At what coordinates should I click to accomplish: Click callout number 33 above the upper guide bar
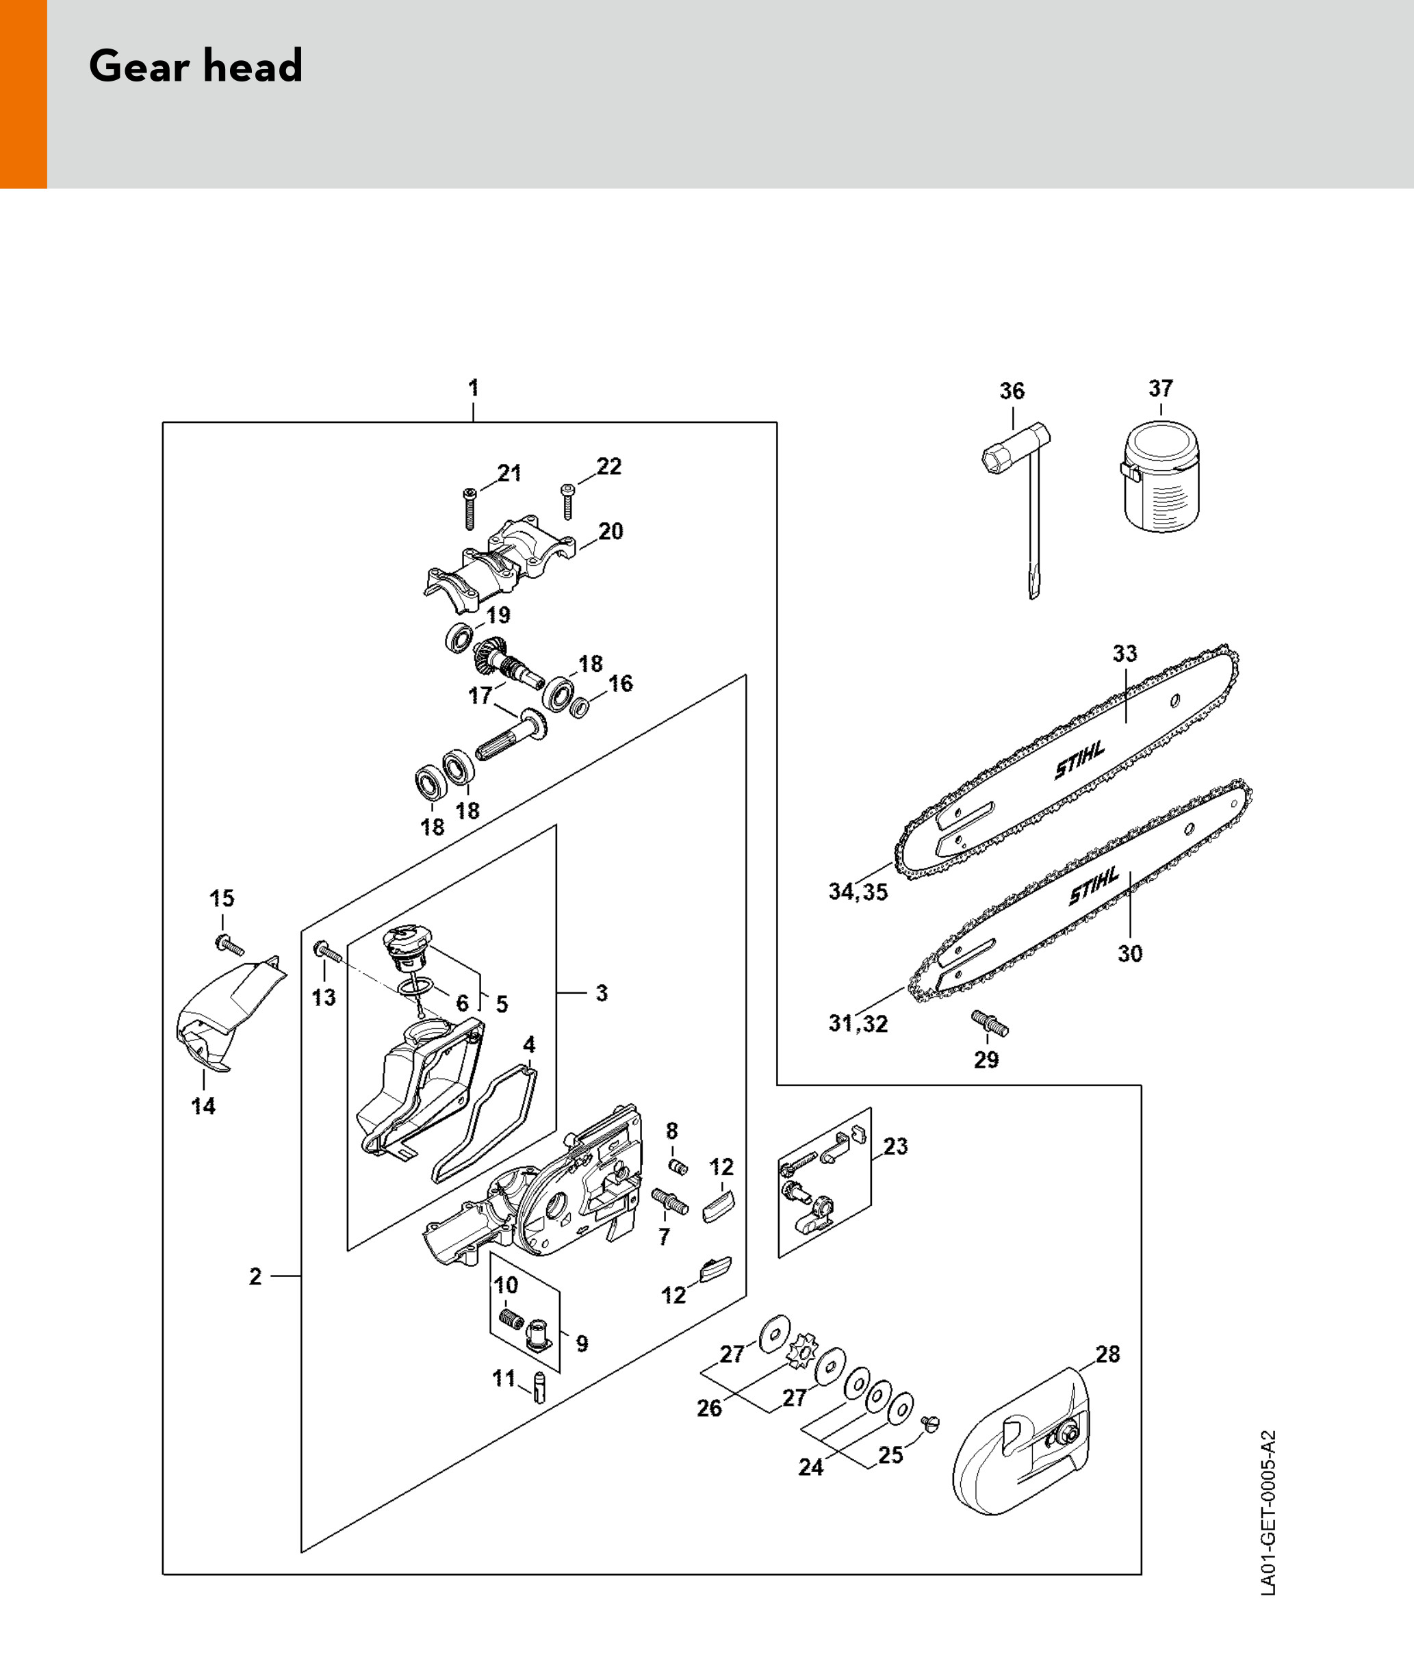(x=1124, y=654)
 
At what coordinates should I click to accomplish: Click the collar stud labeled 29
(x=990, y=1023)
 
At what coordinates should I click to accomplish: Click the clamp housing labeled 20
(x=500, y=561)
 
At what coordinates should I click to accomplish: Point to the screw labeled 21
(x=470, y=509)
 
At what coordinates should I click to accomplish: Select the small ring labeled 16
(x=580, y=708)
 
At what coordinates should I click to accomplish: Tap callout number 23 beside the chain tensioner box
(x=895, y=1146)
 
